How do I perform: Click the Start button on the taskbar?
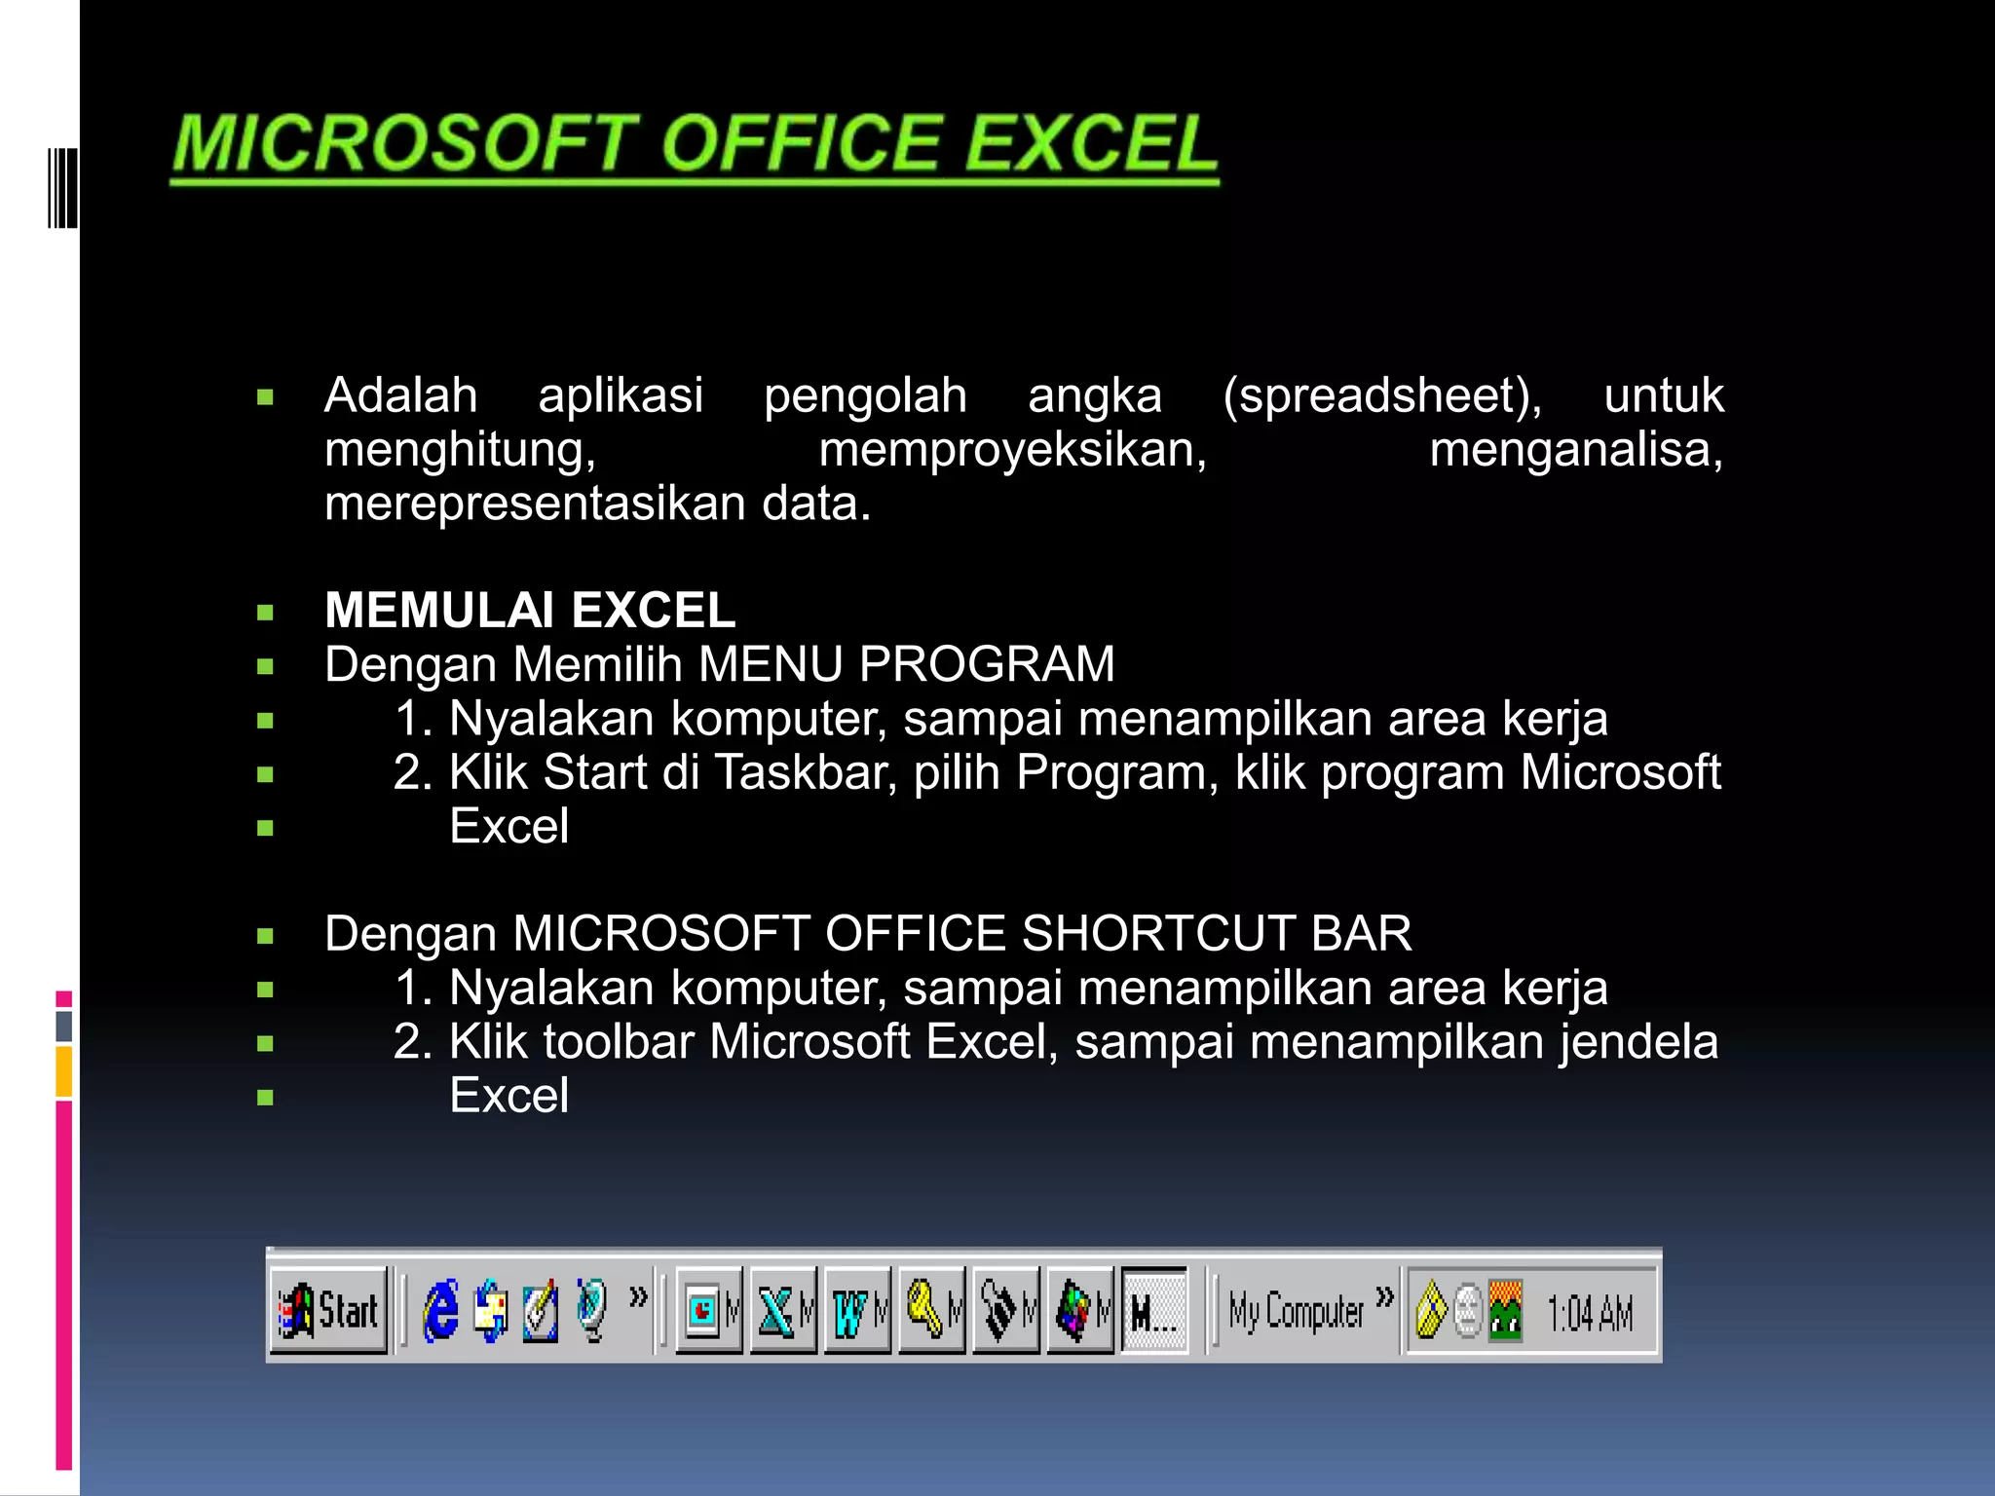(329, 1310)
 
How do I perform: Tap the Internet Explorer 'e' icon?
(440, 1311)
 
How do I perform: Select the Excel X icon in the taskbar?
(776, 1311)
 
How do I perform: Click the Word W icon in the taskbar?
(850, 1311)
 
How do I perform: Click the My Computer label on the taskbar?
(1296, 1311)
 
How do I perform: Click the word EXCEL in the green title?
(1091, 144)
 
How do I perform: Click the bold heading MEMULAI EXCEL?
(530, 611)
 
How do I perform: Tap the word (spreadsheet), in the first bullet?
(1382, 395)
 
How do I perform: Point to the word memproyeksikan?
(1012, 450)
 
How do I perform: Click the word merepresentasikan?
(535, 504)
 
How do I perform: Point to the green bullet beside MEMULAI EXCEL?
(265, 613)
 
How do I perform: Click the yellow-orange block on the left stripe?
(64, 1070)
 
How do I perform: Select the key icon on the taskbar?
(924, 1310)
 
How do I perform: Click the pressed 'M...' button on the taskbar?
(1153, 1311)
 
